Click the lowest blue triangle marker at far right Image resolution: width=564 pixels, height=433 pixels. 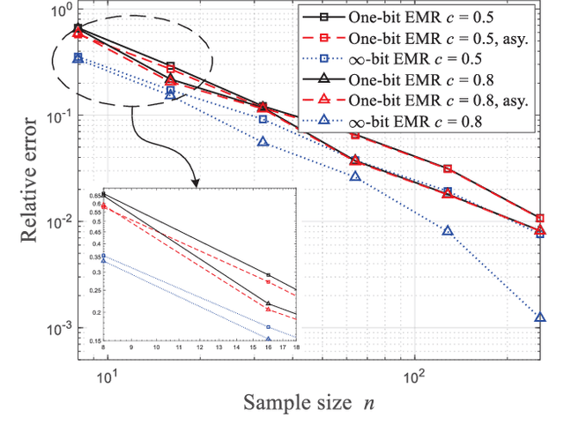pos(540,317)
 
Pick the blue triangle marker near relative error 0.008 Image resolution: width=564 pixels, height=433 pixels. pos(448,231)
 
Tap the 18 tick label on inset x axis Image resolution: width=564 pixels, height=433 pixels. pos(295,348)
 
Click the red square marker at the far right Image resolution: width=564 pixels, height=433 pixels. pos(540,218)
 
